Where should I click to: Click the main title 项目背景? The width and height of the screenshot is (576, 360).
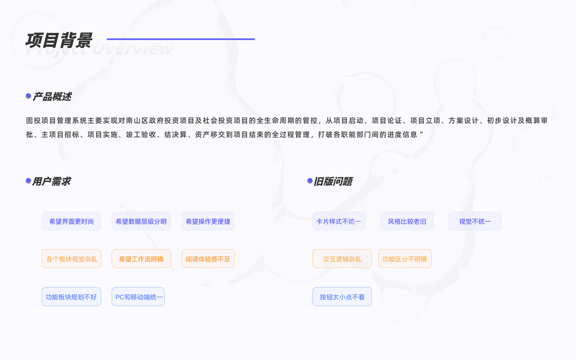pos(59,40)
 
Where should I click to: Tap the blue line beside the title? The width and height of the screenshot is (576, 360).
pos(181,39)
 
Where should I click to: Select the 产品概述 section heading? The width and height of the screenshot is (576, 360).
pos(52,97)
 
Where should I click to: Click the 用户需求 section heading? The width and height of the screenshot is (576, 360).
pos(52,181)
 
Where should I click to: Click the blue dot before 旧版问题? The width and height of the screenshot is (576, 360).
pos(310,181)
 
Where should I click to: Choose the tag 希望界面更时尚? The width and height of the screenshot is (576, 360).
pos(71,221)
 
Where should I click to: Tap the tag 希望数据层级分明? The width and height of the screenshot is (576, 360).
pos(141,221)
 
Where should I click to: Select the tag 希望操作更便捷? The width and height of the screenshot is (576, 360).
pos(208,221)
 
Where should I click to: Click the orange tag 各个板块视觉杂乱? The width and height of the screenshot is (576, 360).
pos(71,259)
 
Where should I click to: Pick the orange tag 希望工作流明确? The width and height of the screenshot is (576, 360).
pos(141,259)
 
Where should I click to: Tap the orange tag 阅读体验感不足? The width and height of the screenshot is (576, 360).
pos(208,259)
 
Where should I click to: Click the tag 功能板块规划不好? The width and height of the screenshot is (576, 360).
pos(71,297)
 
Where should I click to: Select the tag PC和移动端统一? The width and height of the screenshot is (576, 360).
pos(138,297)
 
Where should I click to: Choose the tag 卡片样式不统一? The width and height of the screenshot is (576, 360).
pos(339,221)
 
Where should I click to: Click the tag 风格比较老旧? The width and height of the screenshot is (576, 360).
pos(407,221)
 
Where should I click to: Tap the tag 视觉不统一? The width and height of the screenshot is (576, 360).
pos(475,221)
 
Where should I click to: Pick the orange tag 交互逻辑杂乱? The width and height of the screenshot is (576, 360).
pos(342,259)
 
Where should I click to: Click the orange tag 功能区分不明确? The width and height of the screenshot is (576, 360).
pos(405,259)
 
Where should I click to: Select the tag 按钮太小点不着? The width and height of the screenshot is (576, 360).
pos(342,297)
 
